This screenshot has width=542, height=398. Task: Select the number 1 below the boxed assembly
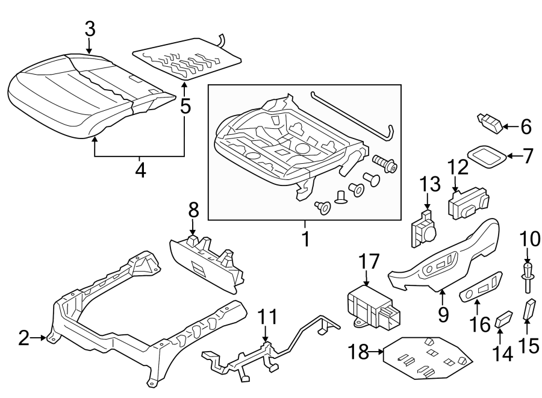coord(305,239)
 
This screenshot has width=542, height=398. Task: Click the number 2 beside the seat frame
coord(23,338)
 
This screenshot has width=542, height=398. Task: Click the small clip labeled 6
coord(490,123)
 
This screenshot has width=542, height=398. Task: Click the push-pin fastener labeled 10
coord(528,276)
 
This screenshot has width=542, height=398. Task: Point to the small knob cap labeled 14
coord(503,319)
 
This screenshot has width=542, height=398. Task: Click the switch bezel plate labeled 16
coord(481,288)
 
